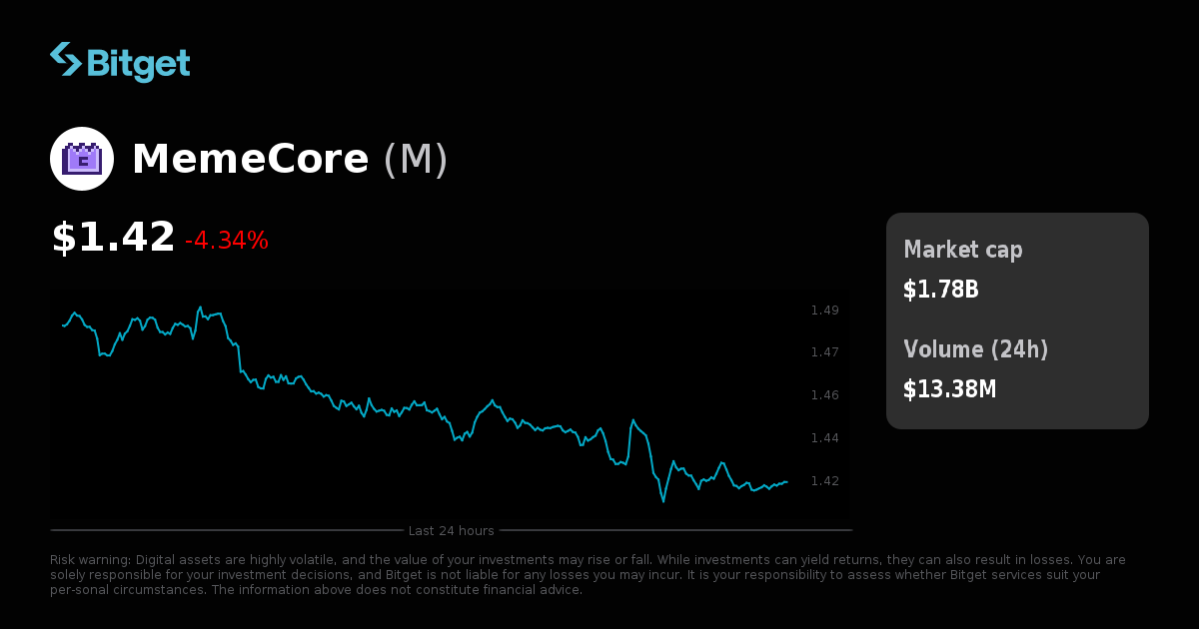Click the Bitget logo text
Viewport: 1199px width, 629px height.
138,63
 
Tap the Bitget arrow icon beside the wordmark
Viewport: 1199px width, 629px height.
66,59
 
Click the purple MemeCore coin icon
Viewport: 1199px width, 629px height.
82,159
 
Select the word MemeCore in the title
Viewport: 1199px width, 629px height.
250,160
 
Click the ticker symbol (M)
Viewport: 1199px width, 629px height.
416,160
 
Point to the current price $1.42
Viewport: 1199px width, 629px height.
113,238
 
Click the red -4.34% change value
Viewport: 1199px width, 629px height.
227,241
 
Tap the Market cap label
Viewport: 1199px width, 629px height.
962,250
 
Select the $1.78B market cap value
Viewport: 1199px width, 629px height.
940,290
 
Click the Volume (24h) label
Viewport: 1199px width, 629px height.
975,349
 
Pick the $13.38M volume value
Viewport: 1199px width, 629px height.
949,389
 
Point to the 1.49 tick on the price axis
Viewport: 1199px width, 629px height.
824,311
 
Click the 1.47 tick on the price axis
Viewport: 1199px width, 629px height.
824,352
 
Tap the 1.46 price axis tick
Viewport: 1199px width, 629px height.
824,395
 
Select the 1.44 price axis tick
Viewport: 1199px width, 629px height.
824,438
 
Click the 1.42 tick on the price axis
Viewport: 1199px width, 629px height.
824,481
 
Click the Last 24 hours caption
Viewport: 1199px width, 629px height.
451,530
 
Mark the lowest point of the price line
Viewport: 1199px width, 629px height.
662,501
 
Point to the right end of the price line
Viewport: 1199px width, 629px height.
787,482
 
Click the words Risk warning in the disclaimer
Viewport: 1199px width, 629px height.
90,560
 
